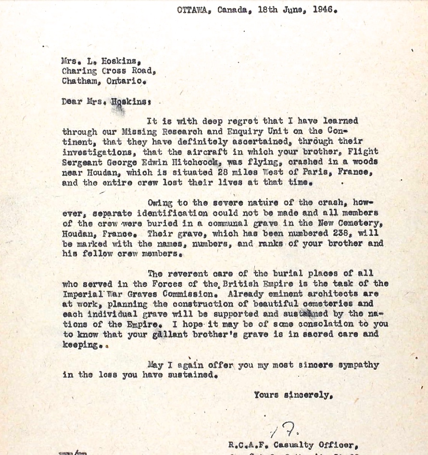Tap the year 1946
coord(322,10)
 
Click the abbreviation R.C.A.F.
coord(248,445)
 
